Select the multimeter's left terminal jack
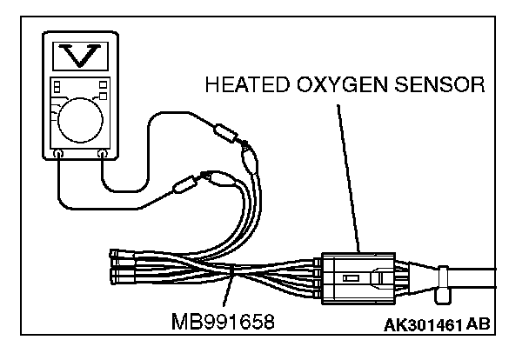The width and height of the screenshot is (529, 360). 58,153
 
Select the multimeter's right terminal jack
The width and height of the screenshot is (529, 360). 104,153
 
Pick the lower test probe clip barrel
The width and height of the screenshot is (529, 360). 186,183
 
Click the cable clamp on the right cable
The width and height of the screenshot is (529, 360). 443,283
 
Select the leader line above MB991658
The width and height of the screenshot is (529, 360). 231,291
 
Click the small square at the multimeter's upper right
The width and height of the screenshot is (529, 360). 104,83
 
